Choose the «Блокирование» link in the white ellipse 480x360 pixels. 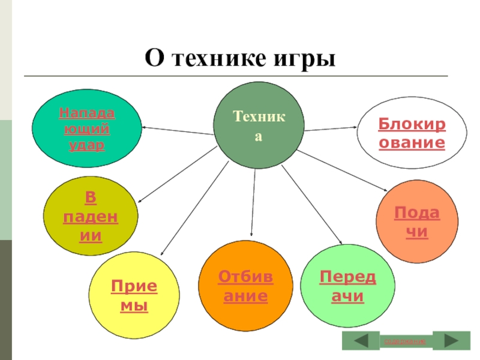tap(411, 134)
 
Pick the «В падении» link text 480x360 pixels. tap(91, 217)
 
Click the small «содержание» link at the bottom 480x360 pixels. tap(405, 341)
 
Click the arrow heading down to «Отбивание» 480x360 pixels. tap(253, 204)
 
